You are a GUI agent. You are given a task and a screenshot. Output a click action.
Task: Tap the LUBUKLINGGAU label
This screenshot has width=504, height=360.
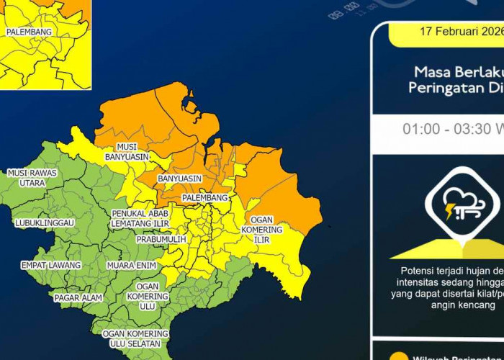coord(44,223)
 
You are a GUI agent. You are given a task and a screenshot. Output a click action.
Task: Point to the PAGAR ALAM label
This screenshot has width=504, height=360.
coord(76,297)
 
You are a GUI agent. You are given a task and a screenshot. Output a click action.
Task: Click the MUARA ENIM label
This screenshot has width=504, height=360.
coord(131,266)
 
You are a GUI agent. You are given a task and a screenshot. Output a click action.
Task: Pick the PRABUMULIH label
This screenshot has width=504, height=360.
coord(161,239)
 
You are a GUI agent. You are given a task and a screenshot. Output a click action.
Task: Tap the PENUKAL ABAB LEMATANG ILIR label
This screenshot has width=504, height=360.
coord(140,219)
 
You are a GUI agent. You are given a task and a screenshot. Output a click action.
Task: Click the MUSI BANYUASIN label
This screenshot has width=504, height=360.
coord(126,152)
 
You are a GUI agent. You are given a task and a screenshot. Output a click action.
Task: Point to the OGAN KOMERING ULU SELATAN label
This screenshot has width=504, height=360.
coord(135,338)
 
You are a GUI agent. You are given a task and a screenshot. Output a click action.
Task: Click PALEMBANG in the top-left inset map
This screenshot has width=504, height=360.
coord(28,32)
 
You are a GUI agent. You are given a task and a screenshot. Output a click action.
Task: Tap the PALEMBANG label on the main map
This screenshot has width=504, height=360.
coord(204,198)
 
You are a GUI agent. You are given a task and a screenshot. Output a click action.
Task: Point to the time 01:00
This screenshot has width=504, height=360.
coord(420,130)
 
